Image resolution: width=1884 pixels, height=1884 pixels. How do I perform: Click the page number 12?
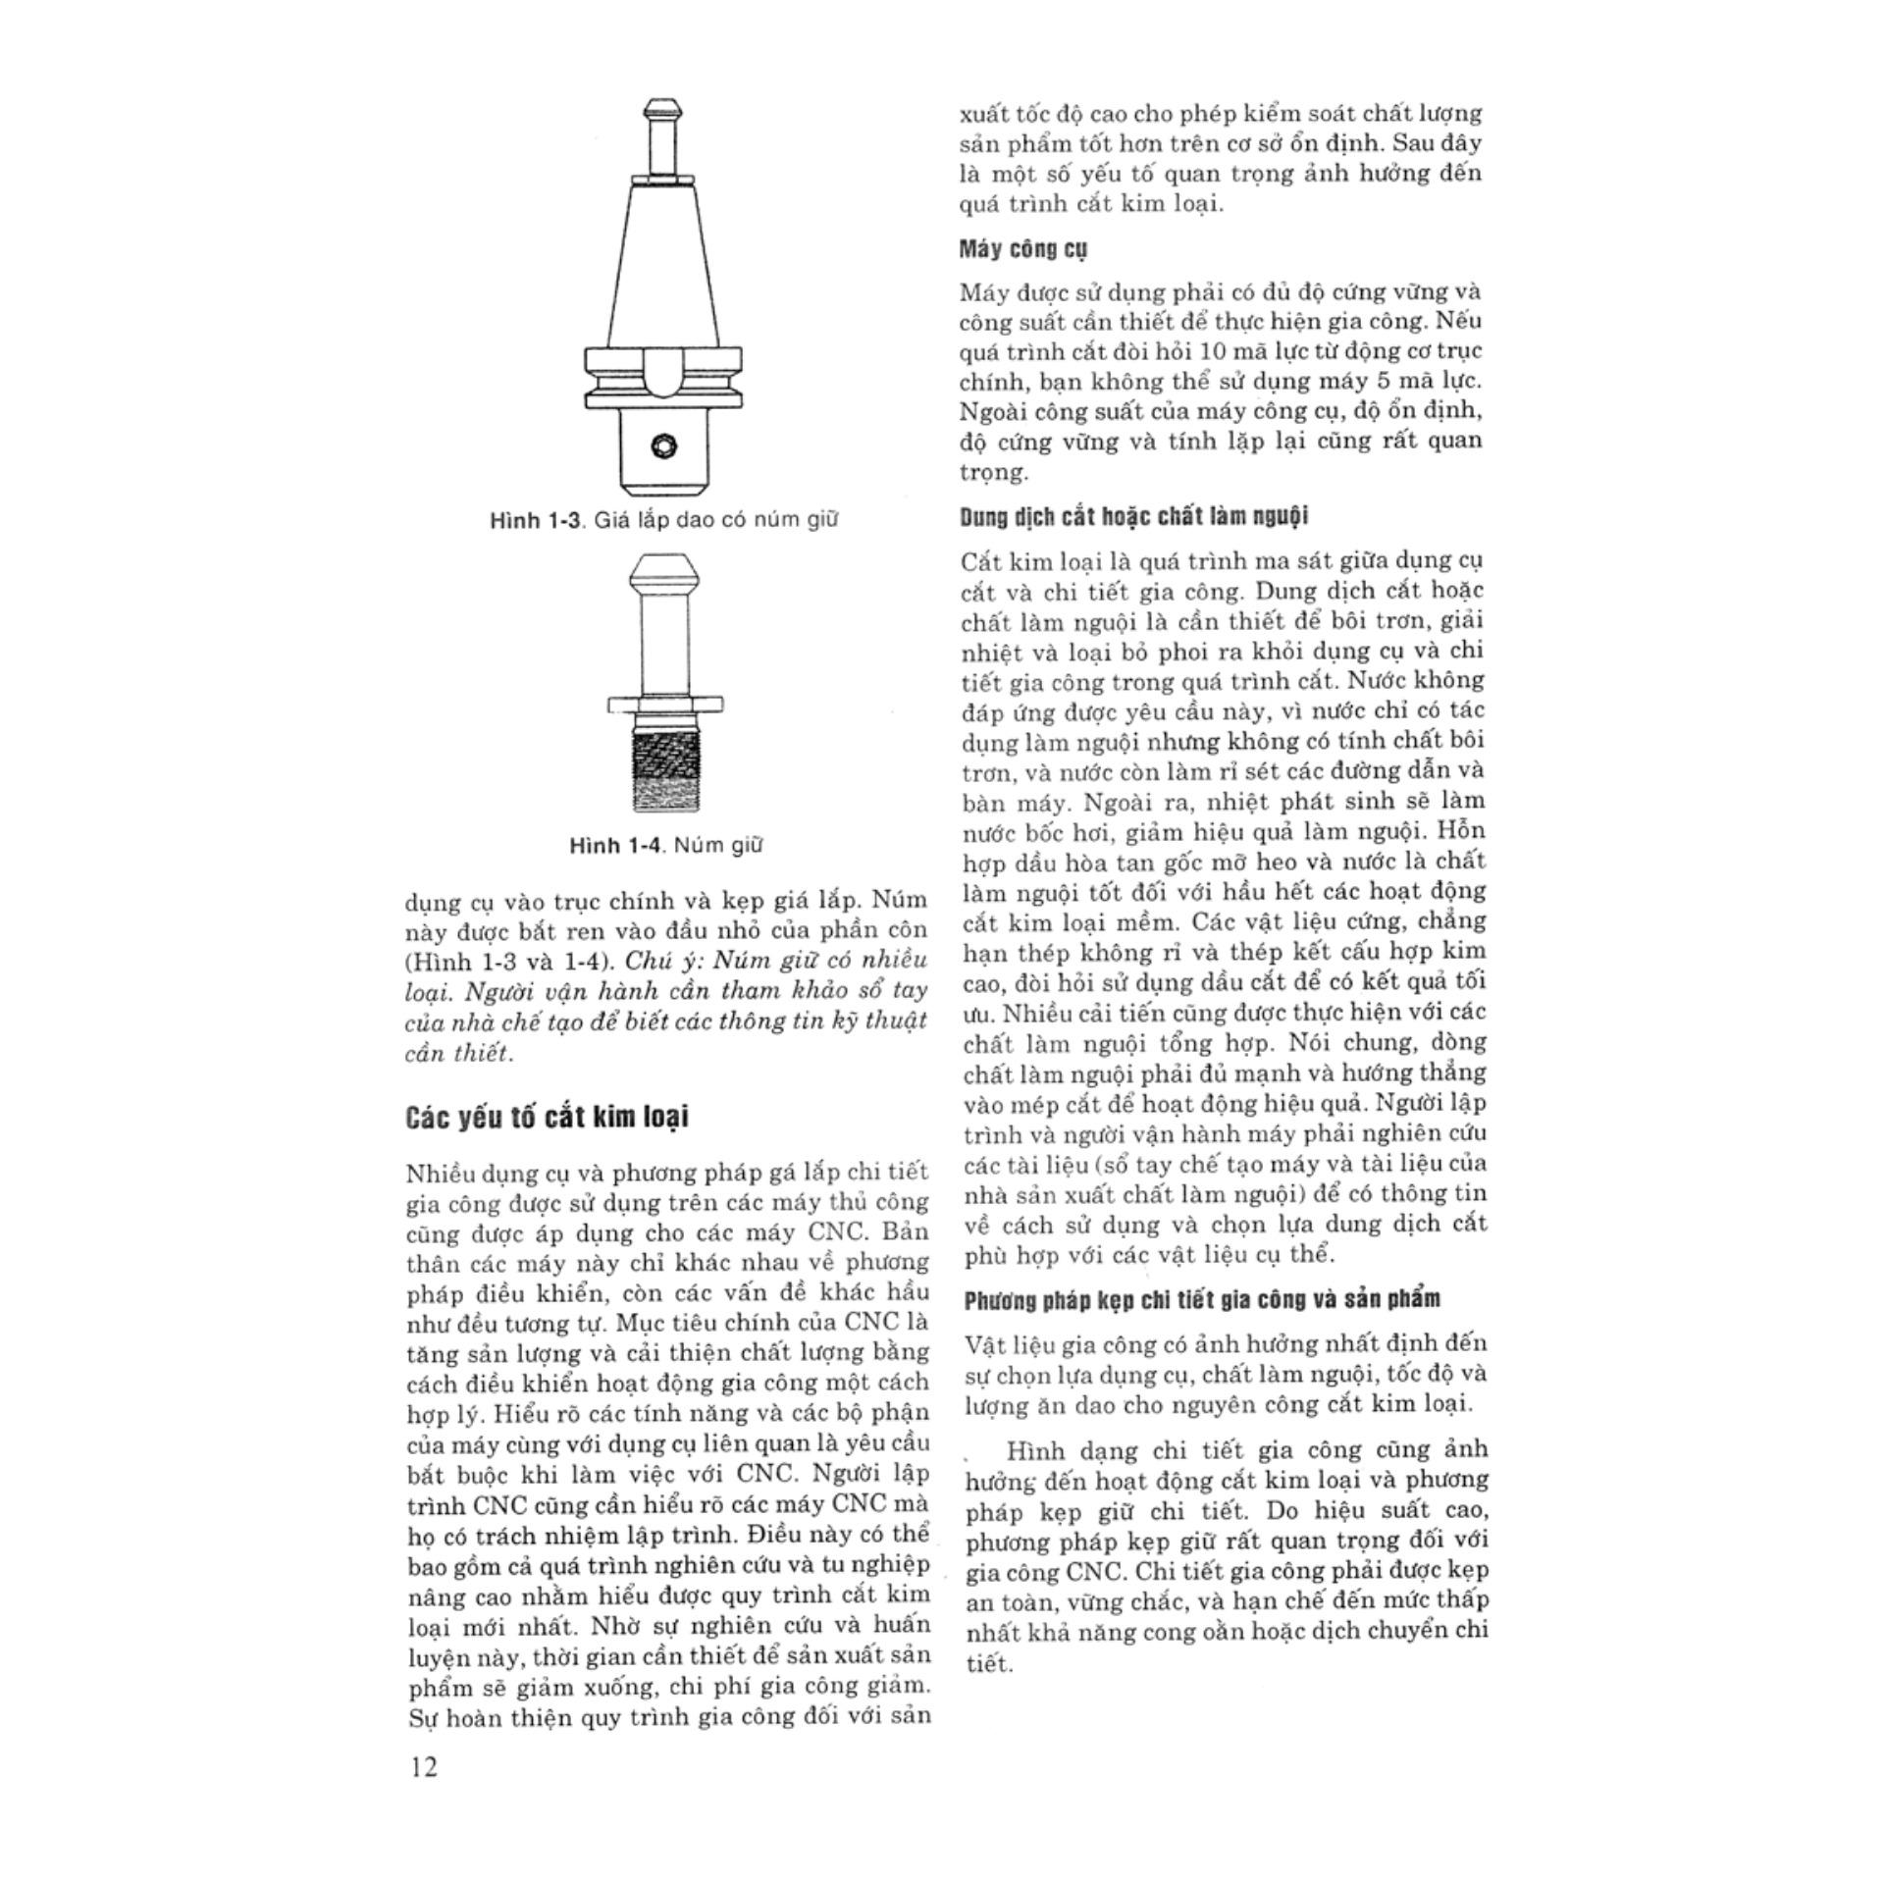(x=424, y=1767)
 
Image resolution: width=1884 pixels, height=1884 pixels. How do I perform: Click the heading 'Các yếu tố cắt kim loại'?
(x=547, y=1118)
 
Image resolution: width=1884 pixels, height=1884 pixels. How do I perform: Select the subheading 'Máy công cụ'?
(x=1022, y=249)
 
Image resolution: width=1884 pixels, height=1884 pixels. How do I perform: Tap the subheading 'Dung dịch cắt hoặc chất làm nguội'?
(x=1133, y=516)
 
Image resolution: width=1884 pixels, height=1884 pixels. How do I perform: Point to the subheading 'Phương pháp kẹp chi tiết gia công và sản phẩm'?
(x=1202, y=1299)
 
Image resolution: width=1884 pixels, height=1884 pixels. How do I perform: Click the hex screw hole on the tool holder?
(x=664, y=446)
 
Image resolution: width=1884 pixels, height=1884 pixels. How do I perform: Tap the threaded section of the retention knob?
(x=664, y=771)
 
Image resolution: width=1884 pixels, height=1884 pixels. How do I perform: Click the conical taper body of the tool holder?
(x=664, y=265)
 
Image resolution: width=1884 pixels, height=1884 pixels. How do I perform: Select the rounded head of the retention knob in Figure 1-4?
(x=663, y=569)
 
